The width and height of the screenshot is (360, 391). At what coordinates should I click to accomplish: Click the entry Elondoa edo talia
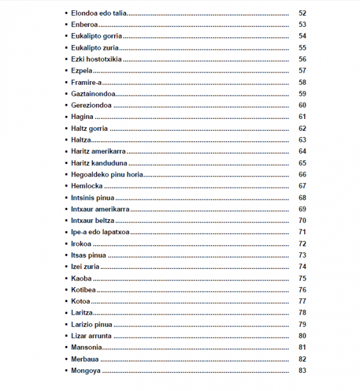[98, 13]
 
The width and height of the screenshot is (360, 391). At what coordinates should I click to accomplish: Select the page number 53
[302, 25]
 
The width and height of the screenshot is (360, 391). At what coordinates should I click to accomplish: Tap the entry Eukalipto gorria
[96, 36]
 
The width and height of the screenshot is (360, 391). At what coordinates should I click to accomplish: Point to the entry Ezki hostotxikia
[97, 59]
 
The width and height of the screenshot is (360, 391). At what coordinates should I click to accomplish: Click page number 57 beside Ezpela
[302, 71]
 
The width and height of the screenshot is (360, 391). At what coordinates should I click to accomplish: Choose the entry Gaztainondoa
[93, 94]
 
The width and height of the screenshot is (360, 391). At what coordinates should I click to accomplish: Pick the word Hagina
[82, 117]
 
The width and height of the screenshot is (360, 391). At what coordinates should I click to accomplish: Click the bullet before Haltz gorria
[65, 129]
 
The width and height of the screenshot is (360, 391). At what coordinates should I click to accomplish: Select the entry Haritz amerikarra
[98, 151]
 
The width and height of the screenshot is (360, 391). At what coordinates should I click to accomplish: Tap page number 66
[302, 174]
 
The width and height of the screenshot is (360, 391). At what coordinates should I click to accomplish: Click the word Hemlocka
[86, 186]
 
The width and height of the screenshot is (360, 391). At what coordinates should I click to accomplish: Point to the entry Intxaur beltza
[92, 220]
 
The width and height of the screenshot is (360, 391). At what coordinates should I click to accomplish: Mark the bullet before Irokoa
[65, 244]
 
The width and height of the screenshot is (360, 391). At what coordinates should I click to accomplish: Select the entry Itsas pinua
[89, 255]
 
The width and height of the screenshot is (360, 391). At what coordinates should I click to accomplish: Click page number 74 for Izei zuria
[302, 267]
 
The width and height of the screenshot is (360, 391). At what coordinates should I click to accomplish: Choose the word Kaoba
[81, 278]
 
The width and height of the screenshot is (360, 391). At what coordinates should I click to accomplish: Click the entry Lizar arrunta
[91, 336]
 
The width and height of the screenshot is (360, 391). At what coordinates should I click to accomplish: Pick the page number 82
[302, 359]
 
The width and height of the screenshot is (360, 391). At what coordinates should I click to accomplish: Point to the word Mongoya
[85, 371]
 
